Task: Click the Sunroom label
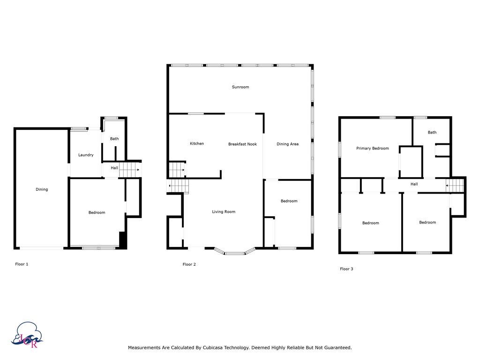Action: coord(240,87)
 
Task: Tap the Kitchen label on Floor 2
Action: coord(197,143)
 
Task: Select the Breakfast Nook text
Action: coord(242,144)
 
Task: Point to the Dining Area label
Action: coord(287,144)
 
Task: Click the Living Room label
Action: coord(224,212)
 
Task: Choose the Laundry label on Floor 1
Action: coord(86,155)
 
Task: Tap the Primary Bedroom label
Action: coord(372,149)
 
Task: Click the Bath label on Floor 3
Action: coord(432,132)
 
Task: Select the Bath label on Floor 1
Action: coord(114,139)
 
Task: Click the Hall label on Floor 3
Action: coord(414,184)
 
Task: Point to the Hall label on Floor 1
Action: coord(114,168)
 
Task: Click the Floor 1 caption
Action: coord(22,264)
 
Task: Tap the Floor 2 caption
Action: coord(189,264)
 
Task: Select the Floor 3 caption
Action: coord(346,269)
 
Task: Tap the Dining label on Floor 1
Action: coord(42,189)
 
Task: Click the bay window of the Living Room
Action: coord(234,252)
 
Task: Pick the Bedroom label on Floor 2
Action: coord(289,201)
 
